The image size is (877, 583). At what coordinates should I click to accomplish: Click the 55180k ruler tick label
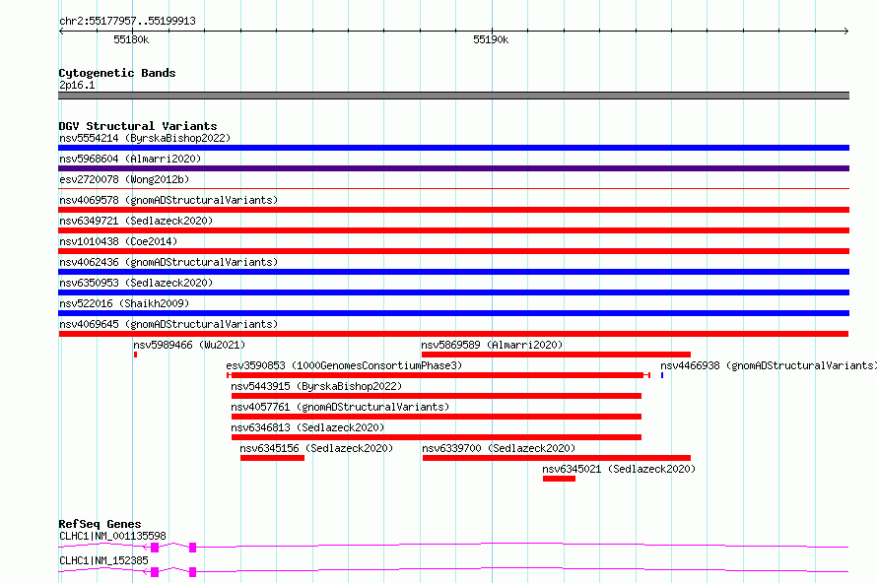click(x=131, y=39)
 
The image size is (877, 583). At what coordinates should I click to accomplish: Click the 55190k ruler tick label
click(x=491, y=39)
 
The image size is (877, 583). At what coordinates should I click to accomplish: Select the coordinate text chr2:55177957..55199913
click(x=127, y=21)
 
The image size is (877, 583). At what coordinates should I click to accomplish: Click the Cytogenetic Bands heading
click(x=117, y=73)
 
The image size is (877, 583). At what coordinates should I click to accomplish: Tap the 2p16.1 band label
click(x=77, y=85)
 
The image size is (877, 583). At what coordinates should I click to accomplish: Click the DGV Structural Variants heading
click(x=138, y=126)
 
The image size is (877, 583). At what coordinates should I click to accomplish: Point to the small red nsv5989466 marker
click(x=135, y=355)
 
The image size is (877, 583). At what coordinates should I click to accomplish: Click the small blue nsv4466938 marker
click(x=662, y=375)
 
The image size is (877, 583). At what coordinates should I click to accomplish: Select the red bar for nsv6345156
click(x=272, y=458)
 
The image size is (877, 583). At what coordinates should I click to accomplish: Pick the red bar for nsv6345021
click(x=559, y=479)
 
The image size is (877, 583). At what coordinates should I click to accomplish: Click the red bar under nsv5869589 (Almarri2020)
click(x=556, y=355)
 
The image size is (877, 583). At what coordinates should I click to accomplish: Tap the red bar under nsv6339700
click(x=557, y=458)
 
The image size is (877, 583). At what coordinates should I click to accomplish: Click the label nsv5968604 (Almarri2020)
click(x=130, y=159)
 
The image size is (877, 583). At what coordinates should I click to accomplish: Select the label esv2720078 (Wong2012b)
click(x=124, y=179)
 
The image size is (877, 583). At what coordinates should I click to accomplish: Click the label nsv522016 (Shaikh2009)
click(x=124, y=303)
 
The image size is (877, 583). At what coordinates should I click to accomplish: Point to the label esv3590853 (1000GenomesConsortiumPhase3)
click(x=344, y=365)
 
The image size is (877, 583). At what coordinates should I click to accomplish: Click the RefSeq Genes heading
click(x=100, y=524)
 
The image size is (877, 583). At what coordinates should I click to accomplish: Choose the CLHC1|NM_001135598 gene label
click(x=112, y=536)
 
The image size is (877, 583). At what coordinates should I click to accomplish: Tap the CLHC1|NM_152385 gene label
click(x=103, y=560)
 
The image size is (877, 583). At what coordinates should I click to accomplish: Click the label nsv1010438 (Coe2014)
click(x=118, y=241)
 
